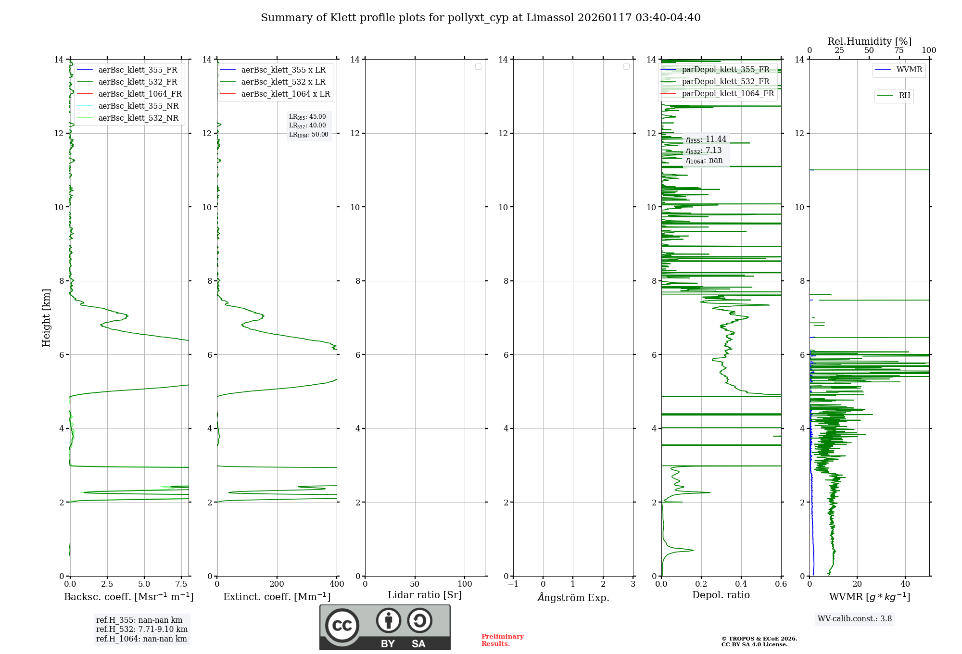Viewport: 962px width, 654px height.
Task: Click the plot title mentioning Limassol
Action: (480, 18)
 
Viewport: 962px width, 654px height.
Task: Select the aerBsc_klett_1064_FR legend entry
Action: (139, 94)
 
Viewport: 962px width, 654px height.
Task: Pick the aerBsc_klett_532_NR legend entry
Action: (138, 118)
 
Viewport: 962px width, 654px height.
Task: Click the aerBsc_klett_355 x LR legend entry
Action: (283, 70)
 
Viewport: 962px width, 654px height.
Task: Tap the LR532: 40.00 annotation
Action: (307, 126)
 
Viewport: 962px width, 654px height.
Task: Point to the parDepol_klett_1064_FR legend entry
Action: (727, 94)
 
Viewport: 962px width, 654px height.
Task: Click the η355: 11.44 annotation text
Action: (706, 139)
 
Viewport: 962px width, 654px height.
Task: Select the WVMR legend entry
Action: (909, 70)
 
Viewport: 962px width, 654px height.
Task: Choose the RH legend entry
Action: (904, 96)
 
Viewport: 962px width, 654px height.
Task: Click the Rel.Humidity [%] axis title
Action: (869, 41)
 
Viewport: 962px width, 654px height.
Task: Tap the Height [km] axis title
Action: (46, 317)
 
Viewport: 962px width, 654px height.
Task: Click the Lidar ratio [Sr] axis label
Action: (424, 595)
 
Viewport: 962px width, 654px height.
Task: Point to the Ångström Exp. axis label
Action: (573, 598)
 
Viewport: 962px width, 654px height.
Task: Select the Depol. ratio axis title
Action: (721, 595)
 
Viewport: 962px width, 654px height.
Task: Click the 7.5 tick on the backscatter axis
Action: (181, 584)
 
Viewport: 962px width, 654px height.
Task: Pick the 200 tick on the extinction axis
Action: (277, 584)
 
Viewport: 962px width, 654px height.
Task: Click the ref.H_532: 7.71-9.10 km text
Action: (141, 629)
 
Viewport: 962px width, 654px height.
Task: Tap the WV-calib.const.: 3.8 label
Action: (854, 619)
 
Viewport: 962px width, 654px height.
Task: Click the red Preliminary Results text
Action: (502, 640)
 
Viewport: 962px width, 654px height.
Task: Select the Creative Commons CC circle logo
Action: (342, 626)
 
